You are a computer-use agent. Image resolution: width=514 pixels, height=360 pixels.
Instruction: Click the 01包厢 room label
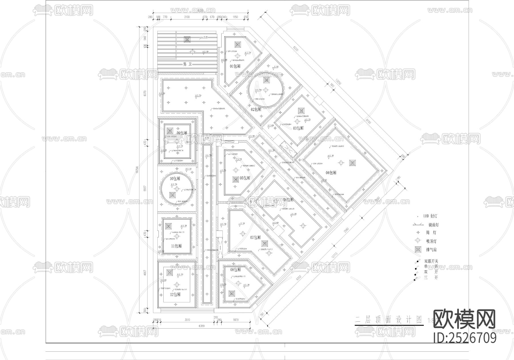point(235,66)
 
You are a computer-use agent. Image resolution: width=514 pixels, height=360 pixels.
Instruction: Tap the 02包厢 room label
point(256,109)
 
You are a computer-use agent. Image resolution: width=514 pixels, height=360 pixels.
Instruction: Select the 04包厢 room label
point(331,173)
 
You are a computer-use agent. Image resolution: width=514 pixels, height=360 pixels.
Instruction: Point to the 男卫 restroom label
point(187,65)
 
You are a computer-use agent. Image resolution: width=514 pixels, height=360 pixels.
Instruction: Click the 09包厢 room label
point(182,133)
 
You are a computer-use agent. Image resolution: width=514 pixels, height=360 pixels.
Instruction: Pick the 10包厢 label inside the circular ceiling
point(175,179)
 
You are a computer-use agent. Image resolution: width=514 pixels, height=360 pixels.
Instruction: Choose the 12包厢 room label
point(175,294)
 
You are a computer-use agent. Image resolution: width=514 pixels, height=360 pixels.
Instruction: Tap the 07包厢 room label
point(255,237)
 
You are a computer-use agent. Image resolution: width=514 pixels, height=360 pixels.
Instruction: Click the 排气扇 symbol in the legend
point(418,249)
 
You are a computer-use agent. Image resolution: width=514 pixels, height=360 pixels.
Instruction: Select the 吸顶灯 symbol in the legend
point(418,241)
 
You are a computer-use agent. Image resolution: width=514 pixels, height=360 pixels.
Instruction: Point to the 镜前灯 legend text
point(433,225)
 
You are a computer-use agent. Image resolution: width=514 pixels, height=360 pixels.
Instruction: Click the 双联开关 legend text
point(431,261)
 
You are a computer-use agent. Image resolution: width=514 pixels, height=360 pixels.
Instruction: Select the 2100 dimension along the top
point(187,17)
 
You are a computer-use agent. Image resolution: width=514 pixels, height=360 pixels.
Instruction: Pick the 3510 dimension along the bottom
point(187,320)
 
